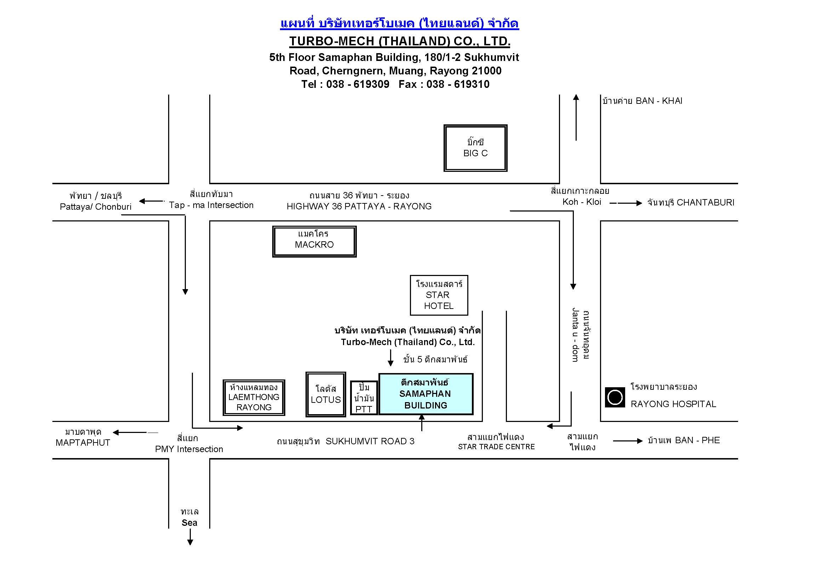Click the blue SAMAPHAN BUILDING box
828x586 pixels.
coord(426,394)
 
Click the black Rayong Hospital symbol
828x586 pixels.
coord(615,397)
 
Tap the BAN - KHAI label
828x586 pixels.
coord(659,101)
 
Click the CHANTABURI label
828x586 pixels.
coord(706,202)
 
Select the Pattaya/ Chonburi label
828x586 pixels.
coord(96,207)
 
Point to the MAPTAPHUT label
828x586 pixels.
coord(82,443)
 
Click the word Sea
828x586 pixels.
coord(189,523)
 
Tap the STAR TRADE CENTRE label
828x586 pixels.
coord(496,447)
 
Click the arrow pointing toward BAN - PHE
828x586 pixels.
coord(628,441)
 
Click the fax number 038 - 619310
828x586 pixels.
coord(458,84)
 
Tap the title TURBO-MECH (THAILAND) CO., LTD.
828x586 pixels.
coord(400,41)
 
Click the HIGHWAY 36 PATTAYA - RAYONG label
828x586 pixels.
coord(359,206)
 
